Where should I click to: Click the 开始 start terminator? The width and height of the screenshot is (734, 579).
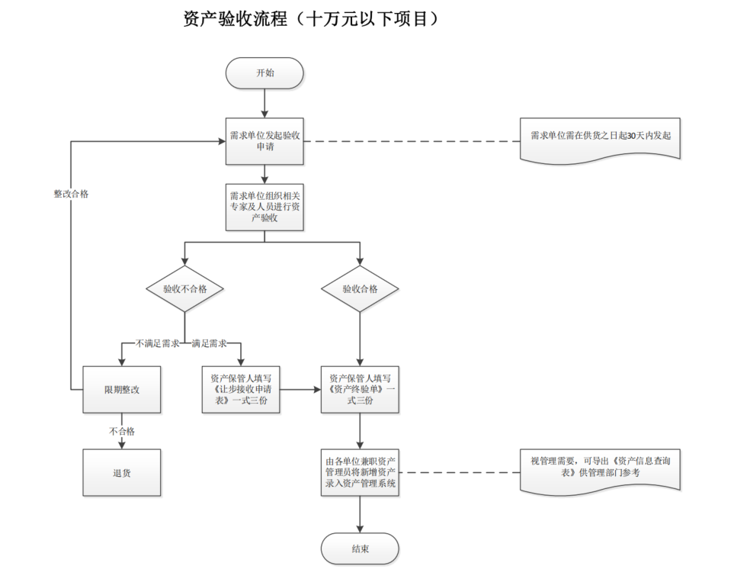264,73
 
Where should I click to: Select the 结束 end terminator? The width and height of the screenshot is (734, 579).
360,548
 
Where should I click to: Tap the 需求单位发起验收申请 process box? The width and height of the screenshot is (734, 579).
264,141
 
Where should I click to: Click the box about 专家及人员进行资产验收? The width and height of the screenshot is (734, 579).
264,207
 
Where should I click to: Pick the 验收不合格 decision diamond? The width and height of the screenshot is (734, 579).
184,289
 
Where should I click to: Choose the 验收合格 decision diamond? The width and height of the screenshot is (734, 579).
360,289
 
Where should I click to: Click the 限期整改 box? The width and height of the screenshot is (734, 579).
122,389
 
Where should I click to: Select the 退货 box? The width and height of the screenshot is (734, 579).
122,472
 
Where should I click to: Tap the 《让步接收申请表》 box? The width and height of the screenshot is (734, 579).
241,389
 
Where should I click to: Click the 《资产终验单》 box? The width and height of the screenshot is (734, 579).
360,389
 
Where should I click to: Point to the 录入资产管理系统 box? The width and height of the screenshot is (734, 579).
360,473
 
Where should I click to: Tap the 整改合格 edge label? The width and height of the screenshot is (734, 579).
71,194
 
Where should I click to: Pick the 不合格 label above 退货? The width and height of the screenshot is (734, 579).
122,431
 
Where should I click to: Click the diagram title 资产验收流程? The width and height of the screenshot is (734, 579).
312,19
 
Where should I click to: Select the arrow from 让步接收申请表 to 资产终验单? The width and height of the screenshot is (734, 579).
300,390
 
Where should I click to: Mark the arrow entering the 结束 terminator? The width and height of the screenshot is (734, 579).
360,515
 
